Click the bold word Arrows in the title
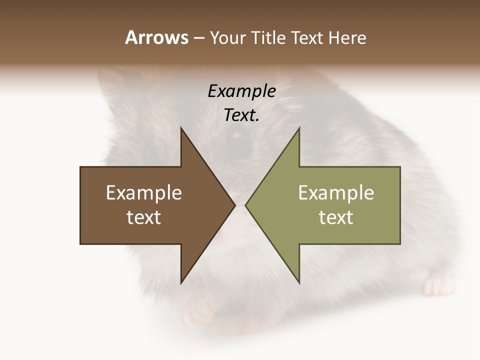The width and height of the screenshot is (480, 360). point(157,37)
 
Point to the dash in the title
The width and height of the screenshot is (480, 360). point(198,38)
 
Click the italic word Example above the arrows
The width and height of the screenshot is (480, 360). point(241,91)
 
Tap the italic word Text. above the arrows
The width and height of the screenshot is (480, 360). point(241,115)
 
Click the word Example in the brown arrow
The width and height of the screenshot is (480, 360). point(144,192)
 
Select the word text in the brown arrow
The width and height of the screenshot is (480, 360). point(144,217)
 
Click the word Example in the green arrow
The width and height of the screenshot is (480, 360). point(336,192)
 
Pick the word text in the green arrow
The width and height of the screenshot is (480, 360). point(336,217)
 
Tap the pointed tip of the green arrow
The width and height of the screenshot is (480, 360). point(246,205)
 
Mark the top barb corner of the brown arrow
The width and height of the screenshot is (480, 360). point(181,128)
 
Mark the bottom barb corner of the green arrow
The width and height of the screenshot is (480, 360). point(299,283)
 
